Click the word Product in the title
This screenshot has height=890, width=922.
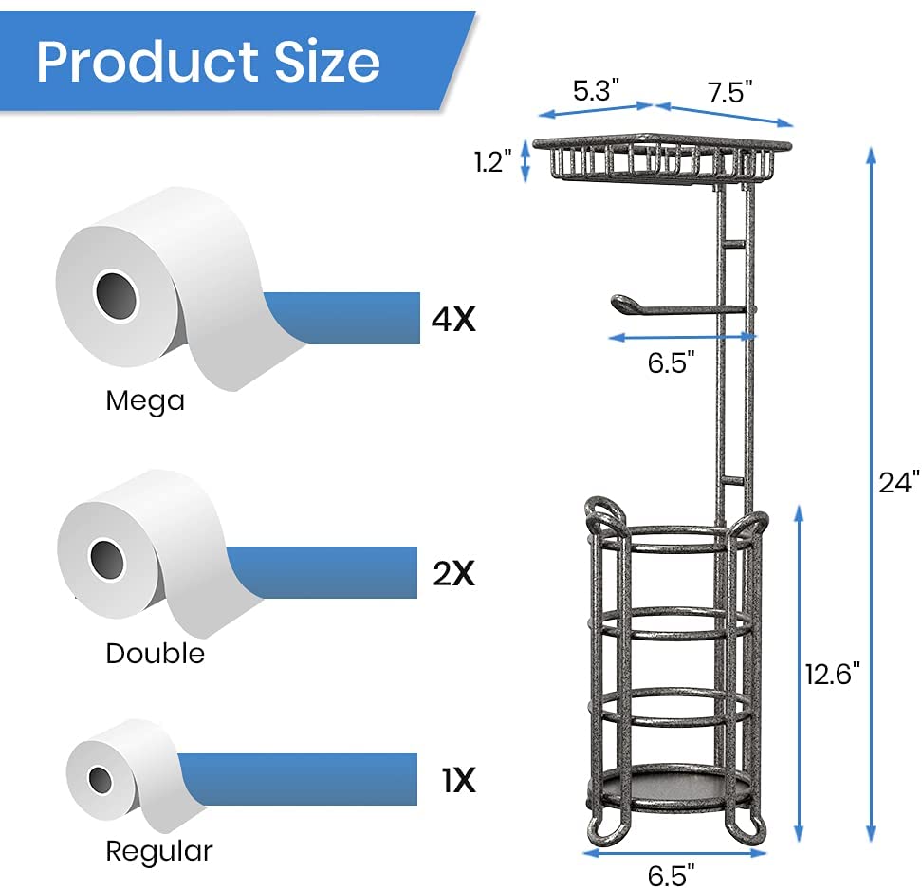138,61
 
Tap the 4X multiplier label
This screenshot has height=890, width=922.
452,320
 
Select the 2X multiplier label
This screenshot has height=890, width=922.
452,574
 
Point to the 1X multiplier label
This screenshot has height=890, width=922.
457,781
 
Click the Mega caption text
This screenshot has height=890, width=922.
145,400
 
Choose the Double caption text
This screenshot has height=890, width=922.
155,654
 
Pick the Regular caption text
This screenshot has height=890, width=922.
158,851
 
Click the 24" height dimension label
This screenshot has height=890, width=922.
898,482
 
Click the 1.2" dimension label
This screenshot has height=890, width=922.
493,161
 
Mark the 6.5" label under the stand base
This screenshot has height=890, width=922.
671,874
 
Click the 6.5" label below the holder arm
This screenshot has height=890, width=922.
672,362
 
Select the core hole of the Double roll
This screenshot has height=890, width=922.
107,559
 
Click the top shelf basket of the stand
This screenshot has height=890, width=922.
661,159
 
